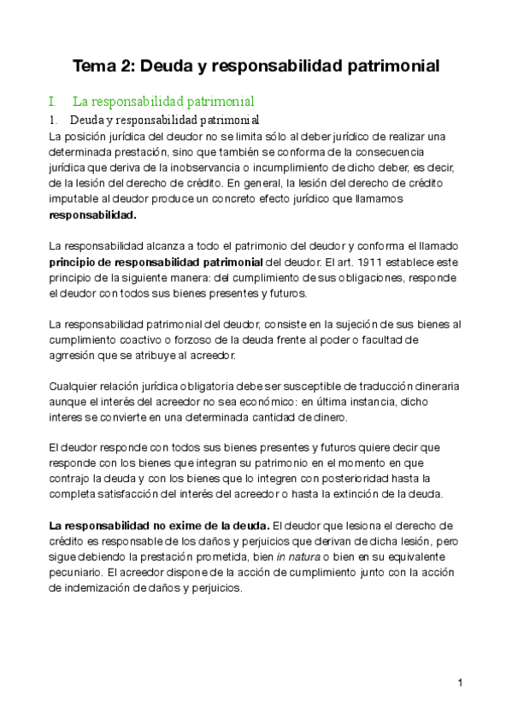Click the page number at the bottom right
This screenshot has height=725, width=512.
(460, 682)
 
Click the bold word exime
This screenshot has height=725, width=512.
(194, 526)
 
